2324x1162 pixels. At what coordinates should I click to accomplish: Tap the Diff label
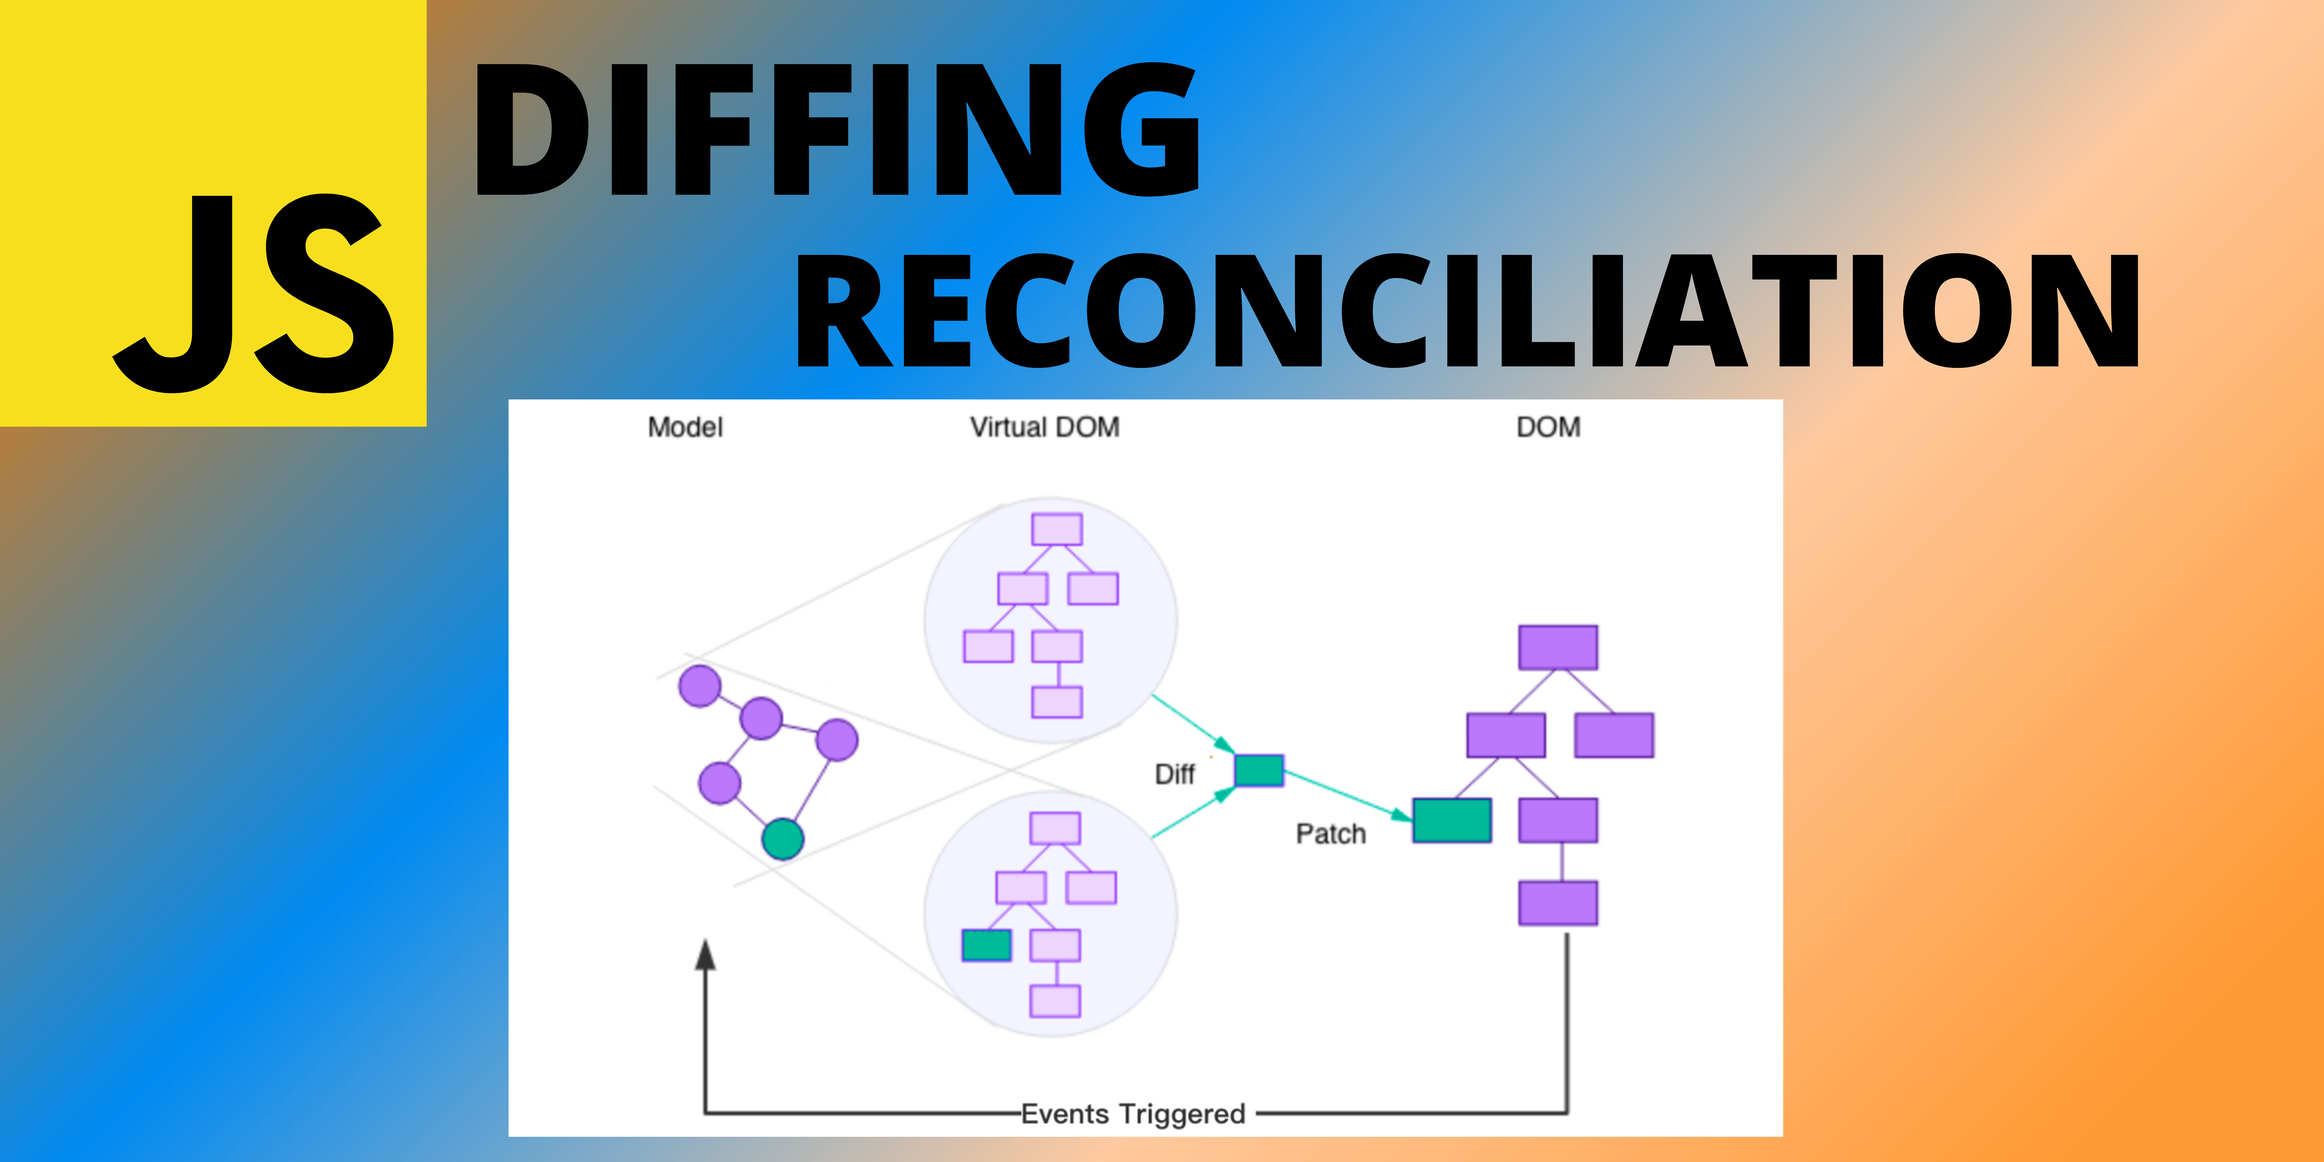1175,774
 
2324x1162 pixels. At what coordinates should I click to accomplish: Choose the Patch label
1331,834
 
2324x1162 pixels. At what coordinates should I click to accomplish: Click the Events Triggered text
1133,1114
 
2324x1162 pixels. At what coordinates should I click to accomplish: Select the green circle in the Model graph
782,839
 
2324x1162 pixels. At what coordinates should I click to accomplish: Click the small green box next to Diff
1258,770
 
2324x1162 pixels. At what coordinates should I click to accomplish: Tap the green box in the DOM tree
1451,820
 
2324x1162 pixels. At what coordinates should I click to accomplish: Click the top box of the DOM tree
1558,647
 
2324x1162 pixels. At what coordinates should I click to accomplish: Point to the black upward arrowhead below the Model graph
705,955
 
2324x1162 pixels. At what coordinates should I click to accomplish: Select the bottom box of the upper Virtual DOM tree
1056,702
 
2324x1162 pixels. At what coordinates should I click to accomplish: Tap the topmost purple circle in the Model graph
699,686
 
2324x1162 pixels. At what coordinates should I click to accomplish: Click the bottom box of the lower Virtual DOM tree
1055,1001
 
